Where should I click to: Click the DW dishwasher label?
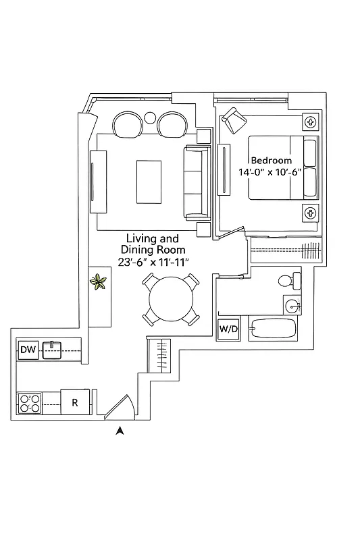point(28,350)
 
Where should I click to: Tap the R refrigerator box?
point(74,403)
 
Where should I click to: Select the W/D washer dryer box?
point(228,330)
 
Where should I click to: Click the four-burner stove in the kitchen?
point(30,403)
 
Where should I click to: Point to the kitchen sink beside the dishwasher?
point(52,350)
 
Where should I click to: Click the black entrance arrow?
point(120,431)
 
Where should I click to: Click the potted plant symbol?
point(100,281)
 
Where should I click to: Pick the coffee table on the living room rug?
point(149,182)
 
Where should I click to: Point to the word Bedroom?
point(271,161)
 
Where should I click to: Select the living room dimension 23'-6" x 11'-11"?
point(152,261)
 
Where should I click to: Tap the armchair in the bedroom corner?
point(234,120)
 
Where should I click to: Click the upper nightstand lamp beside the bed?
point(310,122)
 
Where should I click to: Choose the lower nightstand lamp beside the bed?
point(310,213)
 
